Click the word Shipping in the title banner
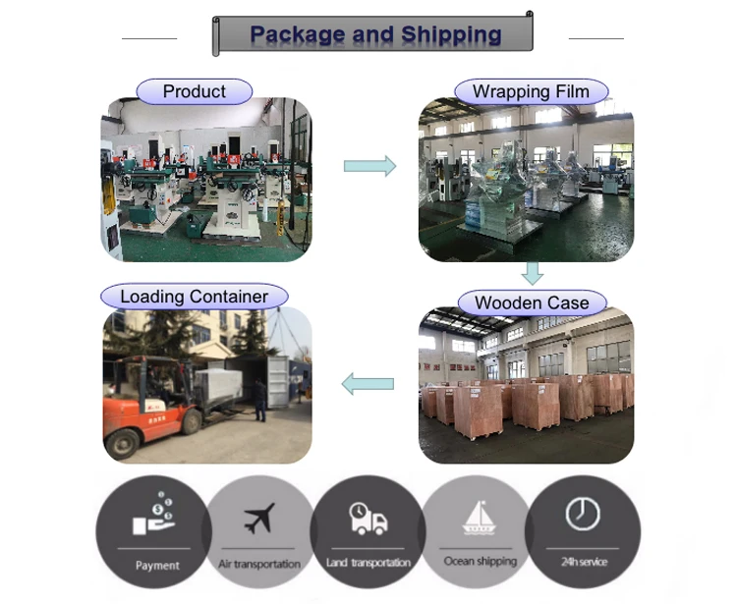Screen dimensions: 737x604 (451, 35)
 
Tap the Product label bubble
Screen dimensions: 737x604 (194, 91)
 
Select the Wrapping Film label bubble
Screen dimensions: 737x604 (531, 92)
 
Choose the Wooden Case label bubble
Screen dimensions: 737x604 (532, 302)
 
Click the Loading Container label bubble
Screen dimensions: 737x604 (194, 296)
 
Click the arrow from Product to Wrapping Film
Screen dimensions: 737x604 (369, 166)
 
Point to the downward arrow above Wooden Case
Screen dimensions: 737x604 (532, 272)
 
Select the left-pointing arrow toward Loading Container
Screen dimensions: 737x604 (368, 384)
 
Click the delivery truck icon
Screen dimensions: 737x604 (368, 518)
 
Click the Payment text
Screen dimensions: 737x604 (157, 566)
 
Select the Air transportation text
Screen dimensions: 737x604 (259, 564)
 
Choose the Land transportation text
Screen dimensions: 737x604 (368, 563)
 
